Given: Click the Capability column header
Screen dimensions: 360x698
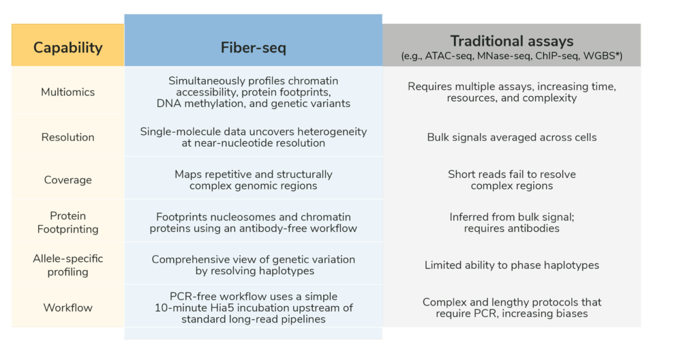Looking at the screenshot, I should coord(67,47).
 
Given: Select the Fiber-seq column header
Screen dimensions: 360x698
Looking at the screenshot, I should coord(253,48).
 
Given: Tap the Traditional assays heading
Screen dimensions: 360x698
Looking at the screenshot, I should coord(511,41).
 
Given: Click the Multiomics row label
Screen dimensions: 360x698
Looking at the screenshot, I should coord(67,92).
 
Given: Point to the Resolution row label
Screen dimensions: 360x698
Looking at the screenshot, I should coord(67,137).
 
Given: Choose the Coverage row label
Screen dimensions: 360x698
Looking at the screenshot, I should coord(67,180).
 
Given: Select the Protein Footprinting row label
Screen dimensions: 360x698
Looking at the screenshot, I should coord(67,222).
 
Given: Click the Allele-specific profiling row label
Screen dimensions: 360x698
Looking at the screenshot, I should coord(67,265).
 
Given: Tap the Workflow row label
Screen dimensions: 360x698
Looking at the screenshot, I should coord(67,307).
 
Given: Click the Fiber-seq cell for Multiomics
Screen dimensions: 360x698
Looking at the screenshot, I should coord(253,92).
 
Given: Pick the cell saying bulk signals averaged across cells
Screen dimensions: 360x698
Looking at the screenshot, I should coord(511,137).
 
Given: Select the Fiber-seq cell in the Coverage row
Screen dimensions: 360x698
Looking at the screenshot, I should coord(253,180).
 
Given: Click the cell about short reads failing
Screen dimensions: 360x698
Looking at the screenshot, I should coord(511,180).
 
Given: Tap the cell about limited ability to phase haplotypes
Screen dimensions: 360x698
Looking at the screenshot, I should coord(511,265).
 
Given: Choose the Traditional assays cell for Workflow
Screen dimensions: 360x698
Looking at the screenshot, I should coord(511,307).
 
